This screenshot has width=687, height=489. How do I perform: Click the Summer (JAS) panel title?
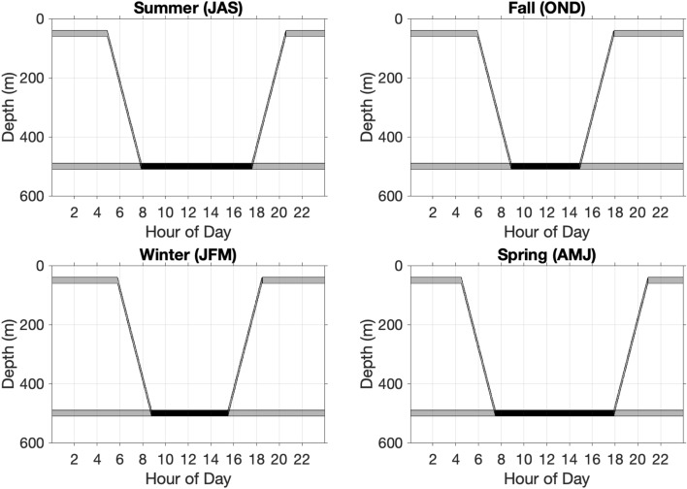tap(186, 9)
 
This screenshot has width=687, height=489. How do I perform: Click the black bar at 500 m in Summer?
tap(197, 166)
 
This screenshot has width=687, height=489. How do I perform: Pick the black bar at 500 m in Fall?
tap(545, 166)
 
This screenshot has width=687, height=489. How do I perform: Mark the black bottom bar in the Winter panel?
tap(189, 412)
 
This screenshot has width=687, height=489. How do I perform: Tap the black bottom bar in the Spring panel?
tap(554, 412)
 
